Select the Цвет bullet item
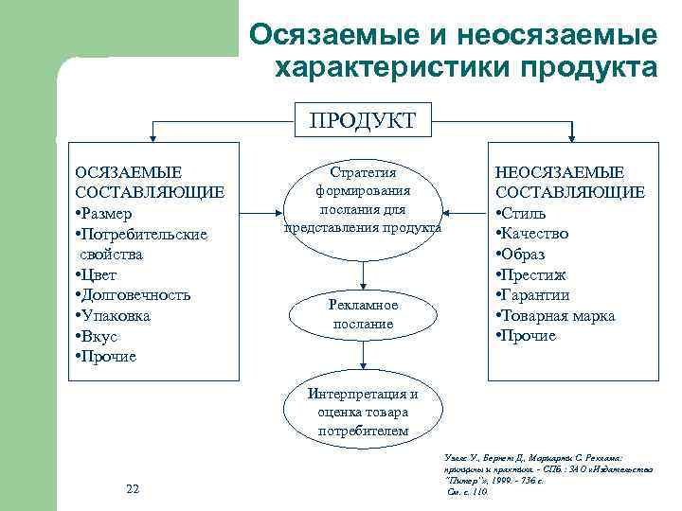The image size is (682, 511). coord(99,274)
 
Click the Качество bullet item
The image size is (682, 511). coord(537,234)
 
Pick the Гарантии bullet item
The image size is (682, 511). coord(537,295)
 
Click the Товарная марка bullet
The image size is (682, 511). coord(559,315)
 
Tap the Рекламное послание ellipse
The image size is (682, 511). coord(363,315)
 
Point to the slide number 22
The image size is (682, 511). coord(133,488)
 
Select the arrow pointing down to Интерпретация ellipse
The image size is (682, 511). coord(364,358)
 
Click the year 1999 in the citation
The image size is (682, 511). coord(509,482)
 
